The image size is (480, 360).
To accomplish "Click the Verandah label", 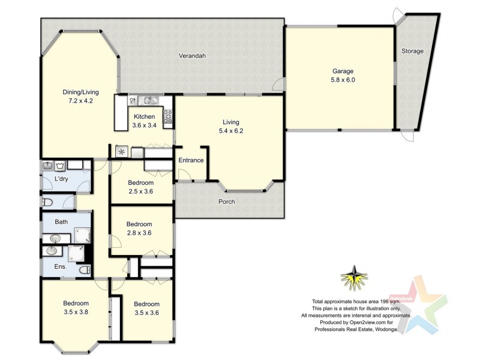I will pyautogui.click(x=192, y=56).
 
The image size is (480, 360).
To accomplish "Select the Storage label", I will pyautogui.click(x=412, y=51).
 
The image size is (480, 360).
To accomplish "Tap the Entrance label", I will pyautogui.click(x=191, y=160).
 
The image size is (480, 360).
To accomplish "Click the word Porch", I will pyautogui.click(x=226, y=202).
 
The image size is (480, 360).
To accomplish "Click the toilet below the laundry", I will pyautogui.click(x=47, y=202).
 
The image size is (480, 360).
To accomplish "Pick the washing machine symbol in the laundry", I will pyautogui.click(x=61, y=165).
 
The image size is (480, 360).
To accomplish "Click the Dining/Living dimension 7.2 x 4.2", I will pyautogui.click(x=80, y=101).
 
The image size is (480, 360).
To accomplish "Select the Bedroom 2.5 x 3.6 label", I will pyautogui.click(x=140, y=187).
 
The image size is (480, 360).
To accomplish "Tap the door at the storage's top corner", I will pyautogui.click(x=398, y=16).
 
